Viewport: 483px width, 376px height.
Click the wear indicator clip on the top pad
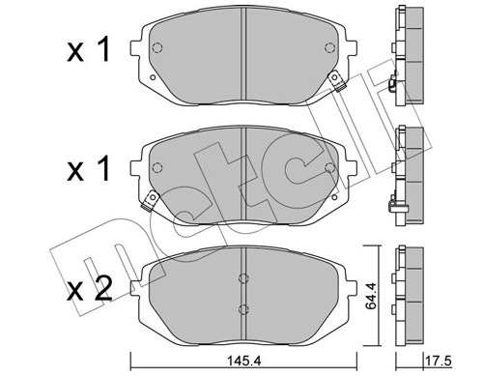pos(338,83)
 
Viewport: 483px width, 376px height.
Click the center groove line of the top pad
pos(241,53)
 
